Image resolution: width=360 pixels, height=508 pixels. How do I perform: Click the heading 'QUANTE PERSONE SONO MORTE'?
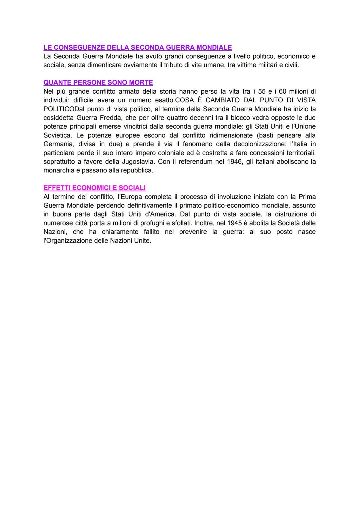point(98,82)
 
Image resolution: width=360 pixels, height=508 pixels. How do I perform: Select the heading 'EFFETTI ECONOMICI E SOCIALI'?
point(94,188)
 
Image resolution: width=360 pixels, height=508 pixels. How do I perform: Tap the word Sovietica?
point(57,135)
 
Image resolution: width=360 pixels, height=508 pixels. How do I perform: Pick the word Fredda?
point(111,118)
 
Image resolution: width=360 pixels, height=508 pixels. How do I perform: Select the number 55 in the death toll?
point(262,91)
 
